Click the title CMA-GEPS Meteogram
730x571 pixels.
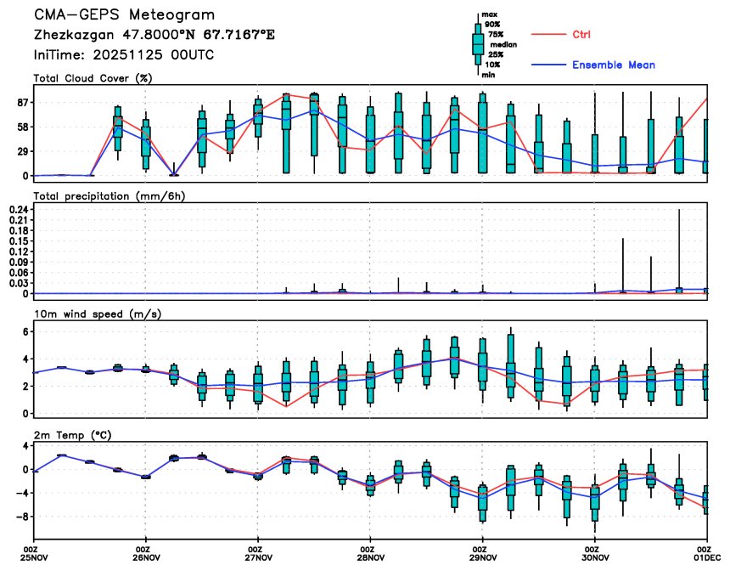[x=124, y=15]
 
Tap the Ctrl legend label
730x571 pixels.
[x=581, y=35]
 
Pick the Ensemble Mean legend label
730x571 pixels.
[x=614, y=65]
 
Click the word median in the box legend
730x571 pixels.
[x=504, y=44]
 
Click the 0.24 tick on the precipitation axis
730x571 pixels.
[x=18, y=209]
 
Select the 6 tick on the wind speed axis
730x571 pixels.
[x=25, y=331]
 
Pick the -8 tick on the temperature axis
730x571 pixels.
[x=21, y=517]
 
